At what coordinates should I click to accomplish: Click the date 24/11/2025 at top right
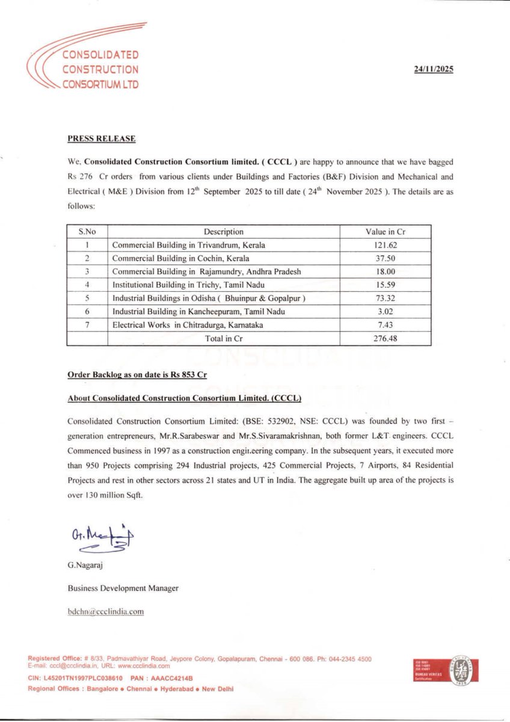[x=434, y=69]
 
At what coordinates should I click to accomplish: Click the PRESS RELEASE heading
[x=102, y=139]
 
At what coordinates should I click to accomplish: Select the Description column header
[x=224, y=232]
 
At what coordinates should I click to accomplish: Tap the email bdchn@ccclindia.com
[x=106, y=611]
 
